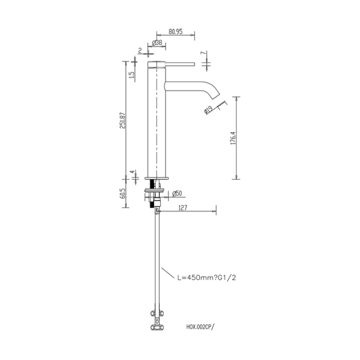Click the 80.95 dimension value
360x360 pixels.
(x=175, y=31)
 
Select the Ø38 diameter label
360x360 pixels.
(x=158, y=43)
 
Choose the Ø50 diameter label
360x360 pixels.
(x=176, y=194)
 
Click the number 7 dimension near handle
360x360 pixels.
(x=203, y=54)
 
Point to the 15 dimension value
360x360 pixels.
(x=132, y=76)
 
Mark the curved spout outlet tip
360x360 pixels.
(x=218, y=98)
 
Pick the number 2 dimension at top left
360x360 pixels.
(x=140, y=50)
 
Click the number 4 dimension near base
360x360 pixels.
(x=132, y=172)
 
